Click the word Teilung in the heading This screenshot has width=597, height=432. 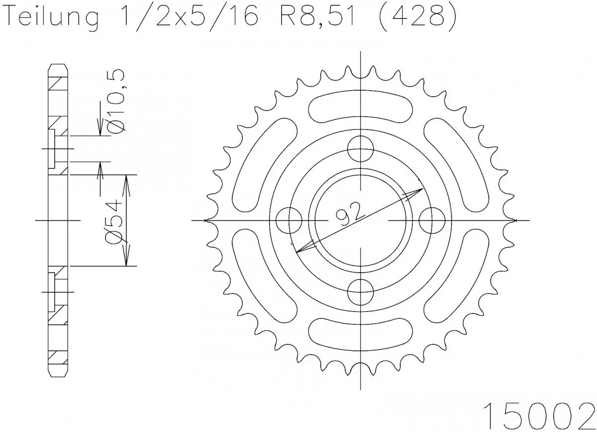tap(53, 19)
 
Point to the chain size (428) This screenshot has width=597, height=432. tap(417, 19)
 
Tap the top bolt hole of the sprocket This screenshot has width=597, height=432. tap(360, 148)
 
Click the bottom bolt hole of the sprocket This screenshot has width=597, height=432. tap(360, 292)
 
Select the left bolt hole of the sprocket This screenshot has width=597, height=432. tap(289, 220)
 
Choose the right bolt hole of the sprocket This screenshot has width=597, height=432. tap(431, 220)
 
